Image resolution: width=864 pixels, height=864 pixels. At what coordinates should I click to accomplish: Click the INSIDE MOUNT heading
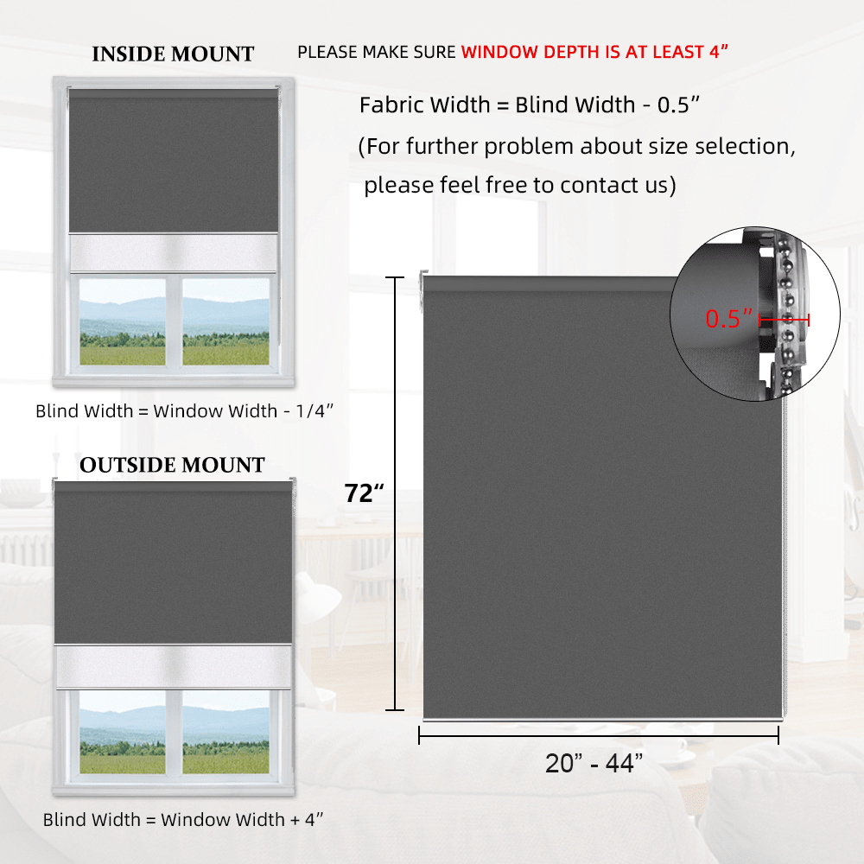(173, 54)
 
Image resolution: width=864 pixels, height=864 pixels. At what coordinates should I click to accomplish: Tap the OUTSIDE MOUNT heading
(172, 466)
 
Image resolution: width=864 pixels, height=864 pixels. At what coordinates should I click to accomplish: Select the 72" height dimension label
(364, 493)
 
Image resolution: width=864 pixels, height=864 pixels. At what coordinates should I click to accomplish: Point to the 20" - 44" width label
(594, 764)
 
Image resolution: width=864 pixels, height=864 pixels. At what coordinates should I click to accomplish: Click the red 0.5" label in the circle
(729, 319)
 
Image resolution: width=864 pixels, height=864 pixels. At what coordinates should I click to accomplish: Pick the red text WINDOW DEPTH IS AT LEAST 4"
(594, 52)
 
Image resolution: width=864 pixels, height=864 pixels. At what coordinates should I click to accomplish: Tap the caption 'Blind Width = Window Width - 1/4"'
(184, 411)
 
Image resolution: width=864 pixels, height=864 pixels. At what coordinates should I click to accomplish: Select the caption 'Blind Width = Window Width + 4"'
(183, 819)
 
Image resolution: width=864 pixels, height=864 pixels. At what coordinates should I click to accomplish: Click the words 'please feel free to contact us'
(518, 185)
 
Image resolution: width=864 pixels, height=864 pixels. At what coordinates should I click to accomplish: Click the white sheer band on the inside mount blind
(173, 251)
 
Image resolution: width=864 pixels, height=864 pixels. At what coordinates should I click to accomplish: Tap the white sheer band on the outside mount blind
(173, 666)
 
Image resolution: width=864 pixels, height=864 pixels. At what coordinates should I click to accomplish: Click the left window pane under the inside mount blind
(122, 321)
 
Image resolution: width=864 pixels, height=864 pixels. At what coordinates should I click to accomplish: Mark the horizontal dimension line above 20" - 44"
(599, 735)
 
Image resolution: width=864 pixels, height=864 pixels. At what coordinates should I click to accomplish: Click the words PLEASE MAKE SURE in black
(376, 52)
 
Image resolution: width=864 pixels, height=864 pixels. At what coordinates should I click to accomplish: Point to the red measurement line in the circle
(785, 320)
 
